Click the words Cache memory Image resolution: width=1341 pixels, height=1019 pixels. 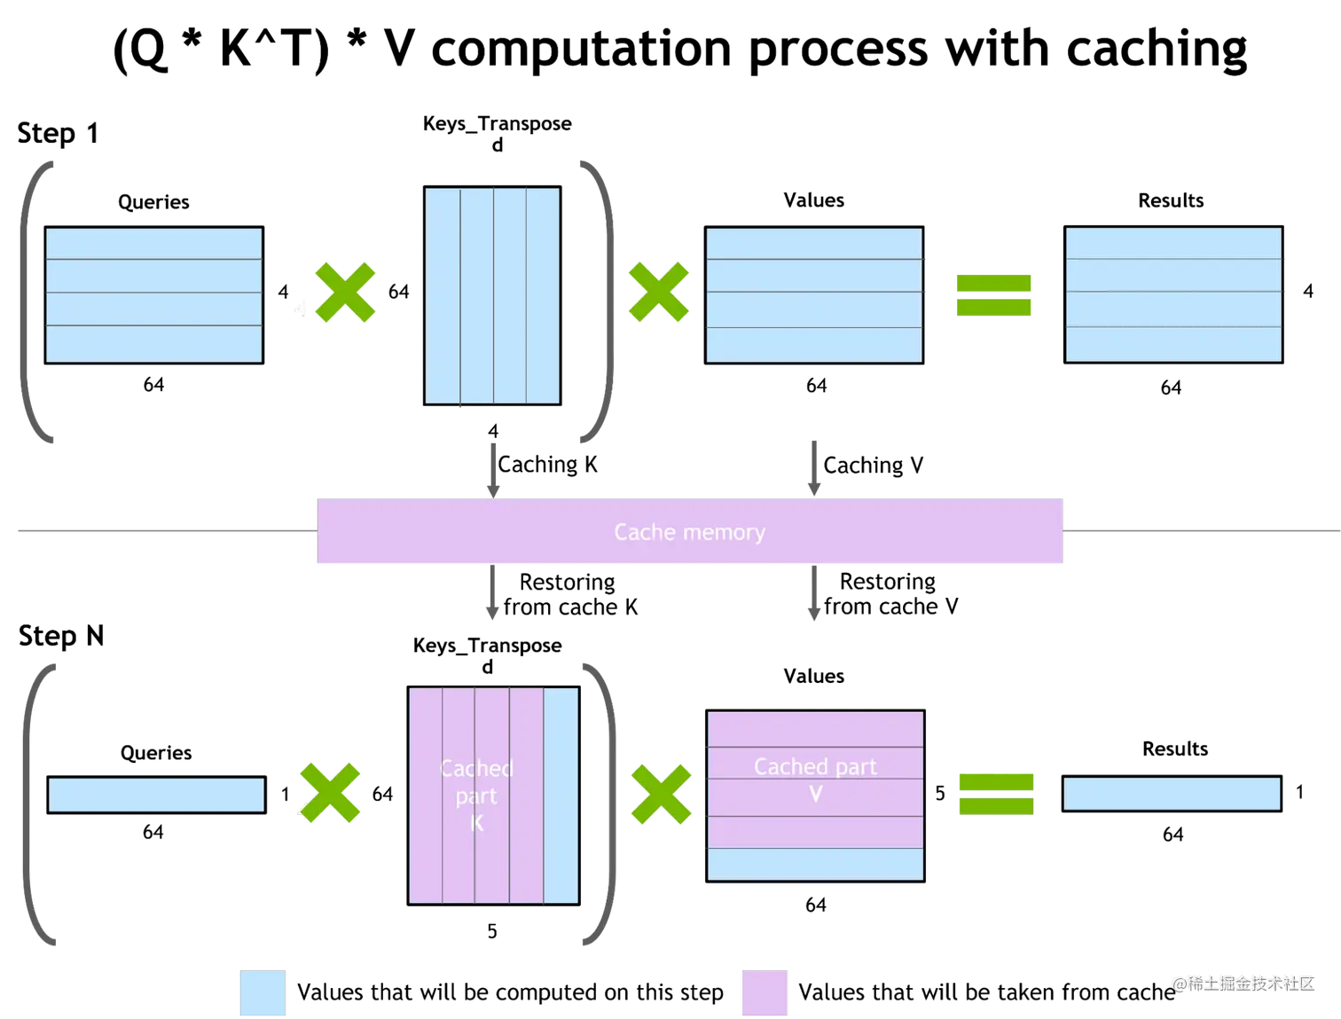point(689,532)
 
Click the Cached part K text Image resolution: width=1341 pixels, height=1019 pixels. point(476,796)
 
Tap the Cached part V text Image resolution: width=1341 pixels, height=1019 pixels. point(815,779)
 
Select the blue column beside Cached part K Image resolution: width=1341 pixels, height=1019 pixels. point(561,796)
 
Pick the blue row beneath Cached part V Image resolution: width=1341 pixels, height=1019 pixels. point(815,864)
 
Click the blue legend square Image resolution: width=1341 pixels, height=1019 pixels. point(263,993)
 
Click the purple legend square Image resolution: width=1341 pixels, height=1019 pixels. point(764,993)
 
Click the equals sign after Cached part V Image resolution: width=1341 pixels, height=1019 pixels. point(995,794)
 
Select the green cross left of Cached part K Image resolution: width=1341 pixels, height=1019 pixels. point(330,794)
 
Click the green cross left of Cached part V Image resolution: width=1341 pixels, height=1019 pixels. point(660,794)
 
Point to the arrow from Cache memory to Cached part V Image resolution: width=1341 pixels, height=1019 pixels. point(814,594)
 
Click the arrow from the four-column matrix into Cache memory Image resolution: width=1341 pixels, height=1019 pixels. point(490,469)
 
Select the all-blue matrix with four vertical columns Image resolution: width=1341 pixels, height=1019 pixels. point(492,295)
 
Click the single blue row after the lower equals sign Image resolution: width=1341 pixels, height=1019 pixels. point(1172,794)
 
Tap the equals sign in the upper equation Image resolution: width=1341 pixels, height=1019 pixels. point(993,294)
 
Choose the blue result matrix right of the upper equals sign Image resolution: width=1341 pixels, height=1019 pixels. point(1173,294)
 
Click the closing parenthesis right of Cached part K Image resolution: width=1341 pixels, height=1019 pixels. point(603,804)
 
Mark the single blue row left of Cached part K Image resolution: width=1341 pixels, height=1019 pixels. point(156,795)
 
